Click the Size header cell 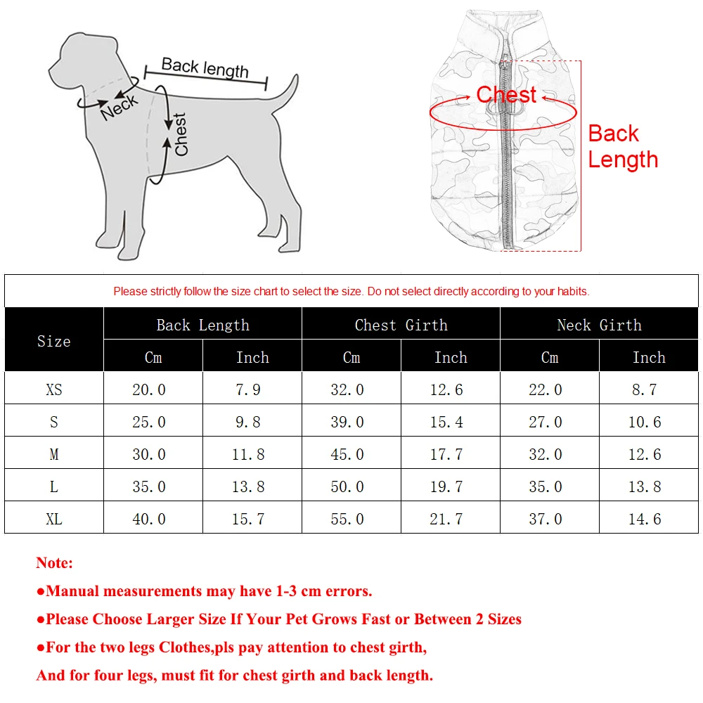point(54,341)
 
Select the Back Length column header point(202,325)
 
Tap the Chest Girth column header point(401,325)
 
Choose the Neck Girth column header point(599,325)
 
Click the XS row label point(54,389)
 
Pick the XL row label point(54,519)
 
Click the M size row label point(54,454)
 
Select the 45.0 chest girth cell point(347,454)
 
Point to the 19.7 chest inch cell point(446,486)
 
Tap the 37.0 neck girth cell point(546,519)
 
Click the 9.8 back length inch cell point(248,422)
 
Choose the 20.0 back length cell point(149,389)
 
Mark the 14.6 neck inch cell point(644,519)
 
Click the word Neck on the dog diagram point(120,108)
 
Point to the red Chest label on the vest point(506,95)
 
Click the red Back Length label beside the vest point(622,146)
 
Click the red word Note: point(54,562)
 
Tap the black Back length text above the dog point(205,67)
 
